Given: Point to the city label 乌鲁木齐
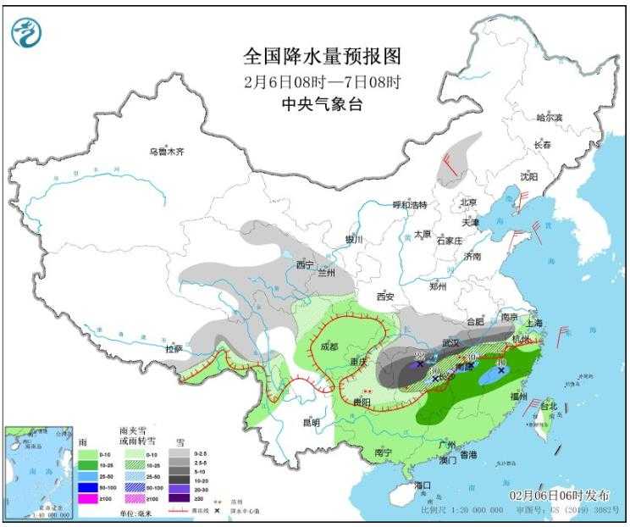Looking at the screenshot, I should click(167, 153).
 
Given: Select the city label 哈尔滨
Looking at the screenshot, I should click(550, 118).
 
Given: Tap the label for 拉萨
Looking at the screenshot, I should click(174, 348).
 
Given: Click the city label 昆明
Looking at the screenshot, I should click(311, 422).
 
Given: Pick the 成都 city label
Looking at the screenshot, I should click(329, 347).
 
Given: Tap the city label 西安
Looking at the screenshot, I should click(385, 297).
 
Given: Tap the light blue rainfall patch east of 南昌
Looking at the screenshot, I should click(493, 377).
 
